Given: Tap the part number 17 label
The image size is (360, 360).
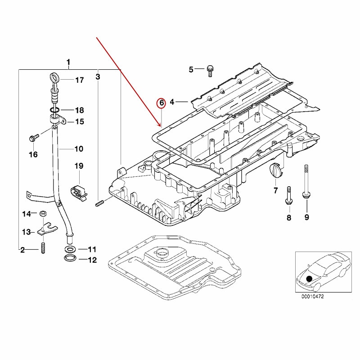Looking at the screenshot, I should point(79,81).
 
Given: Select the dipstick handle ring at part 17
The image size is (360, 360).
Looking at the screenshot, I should point(54,77).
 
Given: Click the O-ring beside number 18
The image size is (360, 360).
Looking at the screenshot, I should point(54,110).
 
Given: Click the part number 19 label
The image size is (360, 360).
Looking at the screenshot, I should point(79,166).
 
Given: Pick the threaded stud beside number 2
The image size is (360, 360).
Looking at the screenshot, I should point(43,248).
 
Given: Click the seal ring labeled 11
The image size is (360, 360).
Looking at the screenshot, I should point(71,249).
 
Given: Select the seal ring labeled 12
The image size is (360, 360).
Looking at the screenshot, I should point(71,259).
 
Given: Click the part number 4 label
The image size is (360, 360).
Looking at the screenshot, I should point(172,103).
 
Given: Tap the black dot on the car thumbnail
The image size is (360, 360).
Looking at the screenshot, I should point(309,280).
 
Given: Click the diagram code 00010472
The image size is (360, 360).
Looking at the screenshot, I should point(313,297).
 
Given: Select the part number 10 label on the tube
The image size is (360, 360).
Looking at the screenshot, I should point(78,148).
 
